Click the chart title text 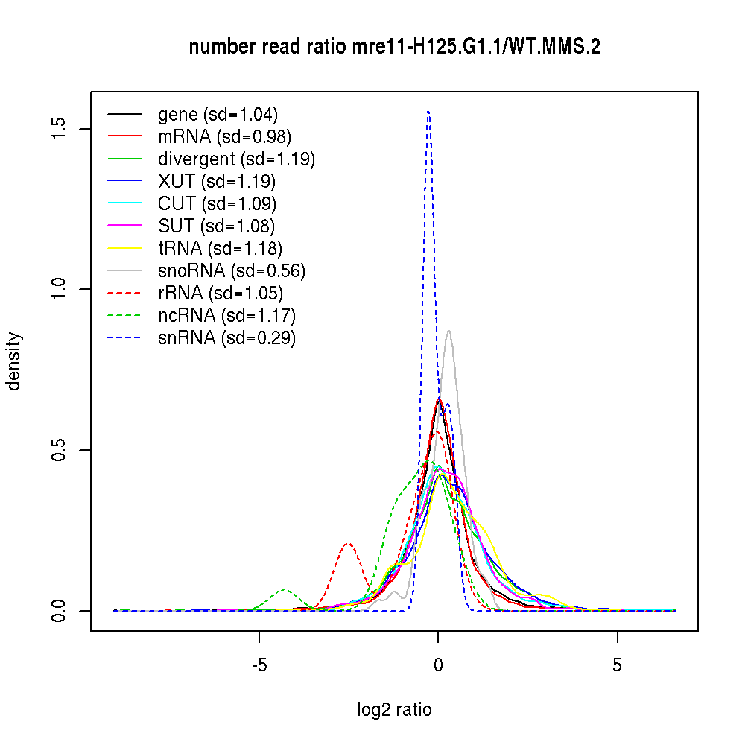coord(395,47)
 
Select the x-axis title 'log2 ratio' coord(394,710)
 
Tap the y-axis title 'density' coord(14,361)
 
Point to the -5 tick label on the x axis coord(259,665)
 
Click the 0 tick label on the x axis coord(438,665)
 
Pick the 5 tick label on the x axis coord(617,665)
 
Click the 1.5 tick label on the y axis coord(60,128)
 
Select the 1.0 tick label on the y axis coord(60,289)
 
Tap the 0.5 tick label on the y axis coord(60,450)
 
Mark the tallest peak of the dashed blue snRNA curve coord(428,112)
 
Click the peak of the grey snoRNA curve coord(448,331)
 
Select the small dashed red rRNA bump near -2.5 coord(348,544)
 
